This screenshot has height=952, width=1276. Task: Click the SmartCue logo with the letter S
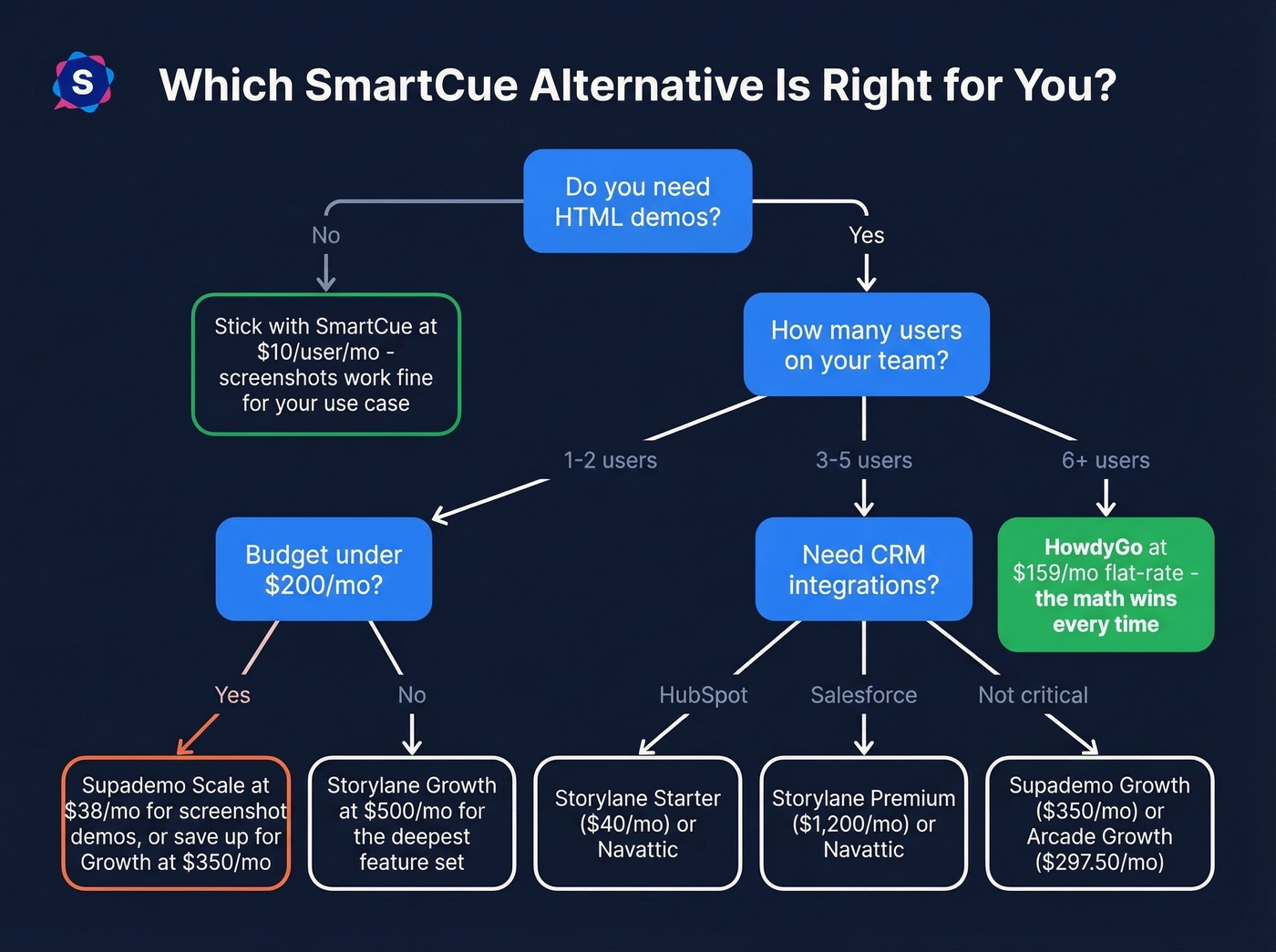point(83,82)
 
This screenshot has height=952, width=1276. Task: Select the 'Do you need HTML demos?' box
point(637,201)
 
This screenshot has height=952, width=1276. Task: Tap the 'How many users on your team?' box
point(866,344)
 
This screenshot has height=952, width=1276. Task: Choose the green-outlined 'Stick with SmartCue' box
point(326,364)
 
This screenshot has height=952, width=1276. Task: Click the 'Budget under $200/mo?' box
point(324,569)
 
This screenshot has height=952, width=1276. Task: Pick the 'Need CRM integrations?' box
point(863,569)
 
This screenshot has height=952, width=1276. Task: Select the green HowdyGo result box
point(1106,585)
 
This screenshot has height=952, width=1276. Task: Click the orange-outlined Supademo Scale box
point(176,824)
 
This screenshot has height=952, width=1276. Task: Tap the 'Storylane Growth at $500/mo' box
point(412,824)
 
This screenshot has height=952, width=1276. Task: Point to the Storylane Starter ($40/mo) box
point(638,824)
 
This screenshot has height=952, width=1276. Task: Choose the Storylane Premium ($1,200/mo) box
point(863,824)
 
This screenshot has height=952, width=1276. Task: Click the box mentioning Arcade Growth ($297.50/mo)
point(1099,824)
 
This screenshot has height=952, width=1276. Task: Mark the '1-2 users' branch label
point(610,460)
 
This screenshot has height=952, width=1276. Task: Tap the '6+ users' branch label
point(1106,460)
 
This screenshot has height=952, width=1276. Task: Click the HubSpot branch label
point(703,695)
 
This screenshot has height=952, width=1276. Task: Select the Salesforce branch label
point(863,695)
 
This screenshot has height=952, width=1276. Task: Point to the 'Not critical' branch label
point(1033,695)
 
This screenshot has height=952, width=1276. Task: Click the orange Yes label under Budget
point(232,695)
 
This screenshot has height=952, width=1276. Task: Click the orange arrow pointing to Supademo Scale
point(198,734)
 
